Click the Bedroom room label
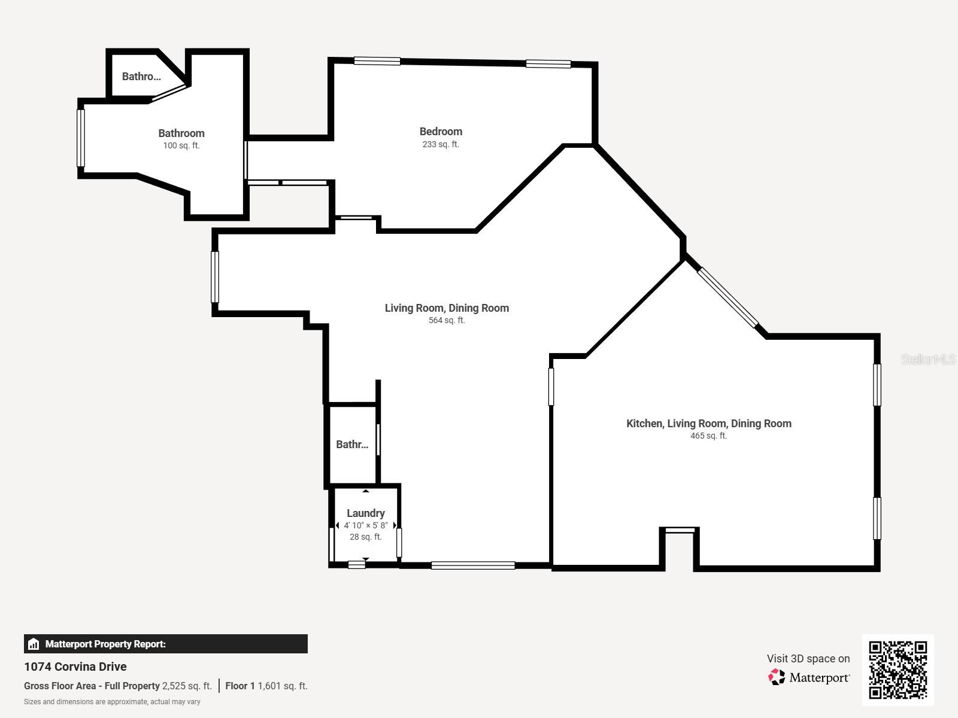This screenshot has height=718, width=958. tap(441, 132)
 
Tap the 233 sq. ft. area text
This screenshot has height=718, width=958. tap(441, 144)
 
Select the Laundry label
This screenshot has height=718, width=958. tap(365, 513)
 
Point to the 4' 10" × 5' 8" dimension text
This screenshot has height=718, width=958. tap(365, 525)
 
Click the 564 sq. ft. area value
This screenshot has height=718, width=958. tap(447, 320)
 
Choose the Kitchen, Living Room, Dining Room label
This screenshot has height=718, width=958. tap(708, 424)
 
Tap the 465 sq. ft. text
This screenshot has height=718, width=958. tap(708, 436)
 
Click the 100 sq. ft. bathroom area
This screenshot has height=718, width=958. tap(181, 145)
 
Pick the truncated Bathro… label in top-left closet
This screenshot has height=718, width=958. tap(141, 77)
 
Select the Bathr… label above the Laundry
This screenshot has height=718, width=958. tap(352, 445)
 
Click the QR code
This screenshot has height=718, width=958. tap(898, 670)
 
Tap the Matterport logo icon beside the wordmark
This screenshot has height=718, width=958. tap(777, 677)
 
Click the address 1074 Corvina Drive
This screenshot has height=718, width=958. tap(75, 667)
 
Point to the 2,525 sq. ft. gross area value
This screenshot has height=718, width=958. tap(187, 686)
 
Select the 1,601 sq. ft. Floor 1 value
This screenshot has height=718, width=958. tap(282, 686)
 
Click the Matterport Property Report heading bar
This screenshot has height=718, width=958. tap(165, 644)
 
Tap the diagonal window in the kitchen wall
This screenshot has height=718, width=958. tap(728, 297)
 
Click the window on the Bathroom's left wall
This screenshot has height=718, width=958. tap(81, 138)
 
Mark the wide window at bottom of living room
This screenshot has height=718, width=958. tap(473, 565)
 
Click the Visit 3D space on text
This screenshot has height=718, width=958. tap(808, 658)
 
